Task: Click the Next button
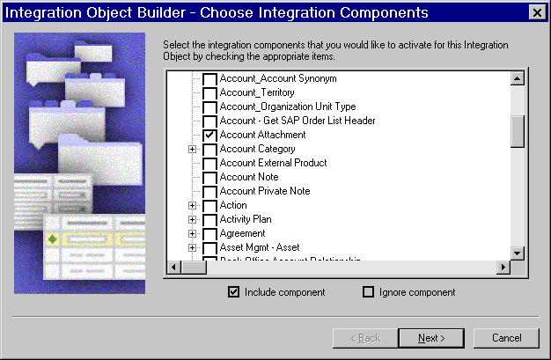431,338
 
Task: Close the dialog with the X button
535,12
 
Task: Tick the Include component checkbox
234,292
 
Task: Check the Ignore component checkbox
369,292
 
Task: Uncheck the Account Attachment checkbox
209,136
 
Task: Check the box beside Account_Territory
209,93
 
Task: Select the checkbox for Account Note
209,178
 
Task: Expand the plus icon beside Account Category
192,150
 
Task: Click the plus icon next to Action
192,206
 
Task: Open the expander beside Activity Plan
192,220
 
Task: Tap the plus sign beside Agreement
192,234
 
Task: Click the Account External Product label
273,163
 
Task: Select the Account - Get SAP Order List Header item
298,121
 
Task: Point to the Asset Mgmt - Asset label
260,247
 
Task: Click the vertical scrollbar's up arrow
518,78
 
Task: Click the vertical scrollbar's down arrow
518,253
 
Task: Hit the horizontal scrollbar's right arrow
503,267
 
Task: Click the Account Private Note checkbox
209,192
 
